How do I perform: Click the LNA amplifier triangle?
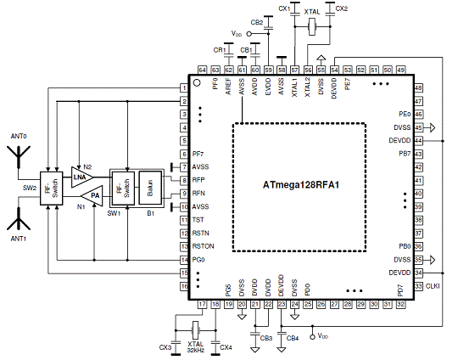pyautogui.click(x=81, y=177)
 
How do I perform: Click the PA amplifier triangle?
pyautogui.click(x=92, y=195)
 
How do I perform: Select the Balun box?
pyautogui.click(x=150, y=188)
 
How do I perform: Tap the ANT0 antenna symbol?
pyautogui.click(x=19, y=157)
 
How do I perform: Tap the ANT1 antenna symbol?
pyautogui.click(x=19, y=219)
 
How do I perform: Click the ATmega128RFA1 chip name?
pyautogui.click(x=301, y=185)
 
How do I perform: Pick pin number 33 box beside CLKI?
pyautogui.click(x=419, y=286)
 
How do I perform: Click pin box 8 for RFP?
pyautogui.click(x=184, y=180)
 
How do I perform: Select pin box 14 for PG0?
pyautogui.click(x=184, y=260)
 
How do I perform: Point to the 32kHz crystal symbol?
pyautogui.click(x=195, y=330)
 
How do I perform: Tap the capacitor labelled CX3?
pyautogui.click(x=176, y=342)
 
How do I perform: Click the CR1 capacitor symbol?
pyautogui.click(x=228, y=54)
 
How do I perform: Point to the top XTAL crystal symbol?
pyautogui.click(x=312, y=26)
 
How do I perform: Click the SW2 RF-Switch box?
pyautogui.click(x=52, y=188)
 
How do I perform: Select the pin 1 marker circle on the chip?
pyautogui.click(x=197, y=82)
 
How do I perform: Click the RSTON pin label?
pyautogui.click(x=203, y=246)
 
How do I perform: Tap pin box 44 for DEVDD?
pyautogui.click(x=419, y=141)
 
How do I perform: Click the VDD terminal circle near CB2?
pyautogui.click(x=249, y=34)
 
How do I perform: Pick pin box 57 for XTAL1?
pyautogui.click(x=294, y=70)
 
